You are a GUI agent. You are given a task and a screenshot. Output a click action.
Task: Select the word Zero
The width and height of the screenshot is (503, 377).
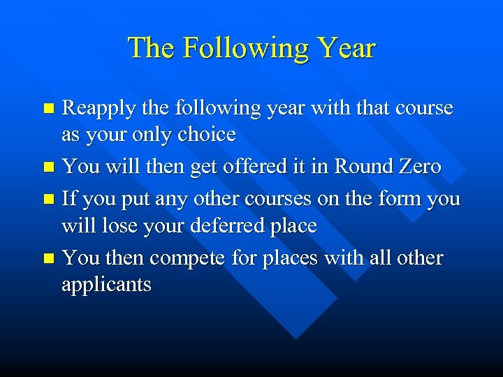tap(420, 166)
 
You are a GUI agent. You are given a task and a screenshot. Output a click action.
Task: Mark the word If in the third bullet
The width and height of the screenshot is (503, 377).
tap(70, 198)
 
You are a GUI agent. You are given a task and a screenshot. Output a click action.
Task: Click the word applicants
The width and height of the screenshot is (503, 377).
tap(106, 286)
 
